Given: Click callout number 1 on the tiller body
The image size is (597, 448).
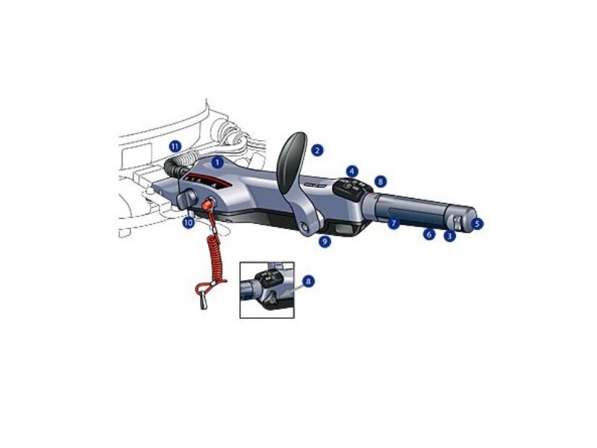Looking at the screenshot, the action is coord(217,163).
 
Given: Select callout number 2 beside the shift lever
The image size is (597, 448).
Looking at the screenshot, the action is coord(317,150).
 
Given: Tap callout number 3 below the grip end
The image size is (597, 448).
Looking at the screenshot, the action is coord(450,236).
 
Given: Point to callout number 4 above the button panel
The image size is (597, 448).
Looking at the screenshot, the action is coord(352,171).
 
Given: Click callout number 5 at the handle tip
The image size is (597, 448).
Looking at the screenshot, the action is coord(477,223).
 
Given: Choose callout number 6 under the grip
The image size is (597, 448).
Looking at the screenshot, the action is coord(429,234).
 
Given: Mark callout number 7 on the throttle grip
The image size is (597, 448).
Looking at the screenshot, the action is coord(394,223).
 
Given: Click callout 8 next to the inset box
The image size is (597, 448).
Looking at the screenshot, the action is coord(308,281).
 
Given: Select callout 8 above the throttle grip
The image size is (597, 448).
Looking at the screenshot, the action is coord(381,181).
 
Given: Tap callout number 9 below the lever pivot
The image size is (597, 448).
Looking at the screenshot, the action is coord(325,241).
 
